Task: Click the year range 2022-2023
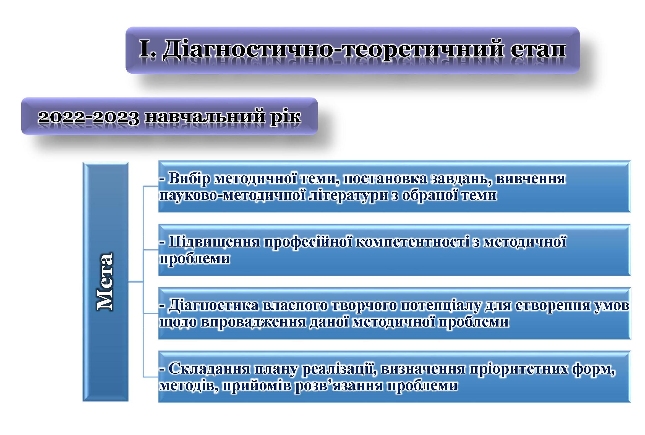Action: tap(89, 117)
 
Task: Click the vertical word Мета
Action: tap(105, 281)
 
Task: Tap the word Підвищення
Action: tap(214, 242)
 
